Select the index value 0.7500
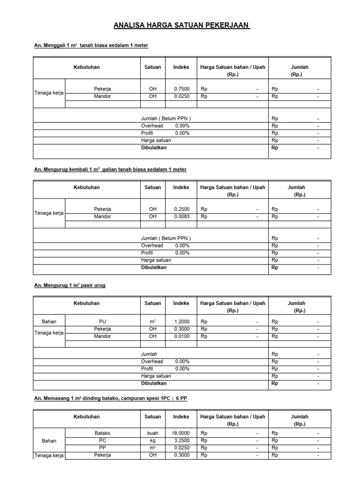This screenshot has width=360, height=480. tap(181, 89)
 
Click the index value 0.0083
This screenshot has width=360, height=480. tap(181, 217)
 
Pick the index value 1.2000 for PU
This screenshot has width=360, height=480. tap(181, 322)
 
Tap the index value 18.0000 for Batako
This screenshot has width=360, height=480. tap(180, 434)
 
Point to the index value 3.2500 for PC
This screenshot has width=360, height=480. tap(181, 441)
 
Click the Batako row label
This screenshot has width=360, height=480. tap(102, 434)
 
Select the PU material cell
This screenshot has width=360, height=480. tap(102, 322)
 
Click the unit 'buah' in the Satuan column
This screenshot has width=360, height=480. tap(152, 434)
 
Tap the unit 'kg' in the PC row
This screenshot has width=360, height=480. tap(152, 441)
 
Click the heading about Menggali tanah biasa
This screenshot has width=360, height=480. tap(91, 45)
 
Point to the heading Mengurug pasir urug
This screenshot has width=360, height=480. tap(69, 285)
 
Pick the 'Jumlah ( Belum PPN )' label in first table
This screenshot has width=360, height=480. tap(166, 119)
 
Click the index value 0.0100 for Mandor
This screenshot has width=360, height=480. tap(181, 336)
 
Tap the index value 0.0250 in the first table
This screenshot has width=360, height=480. tap(181, 96)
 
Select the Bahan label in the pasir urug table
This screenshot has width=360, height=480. tap(49, 322)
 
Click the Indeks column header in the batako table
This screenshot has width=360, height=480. tap(181, 416)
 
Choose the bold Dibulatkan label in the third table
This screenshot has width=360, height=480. tap(154, 383)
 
